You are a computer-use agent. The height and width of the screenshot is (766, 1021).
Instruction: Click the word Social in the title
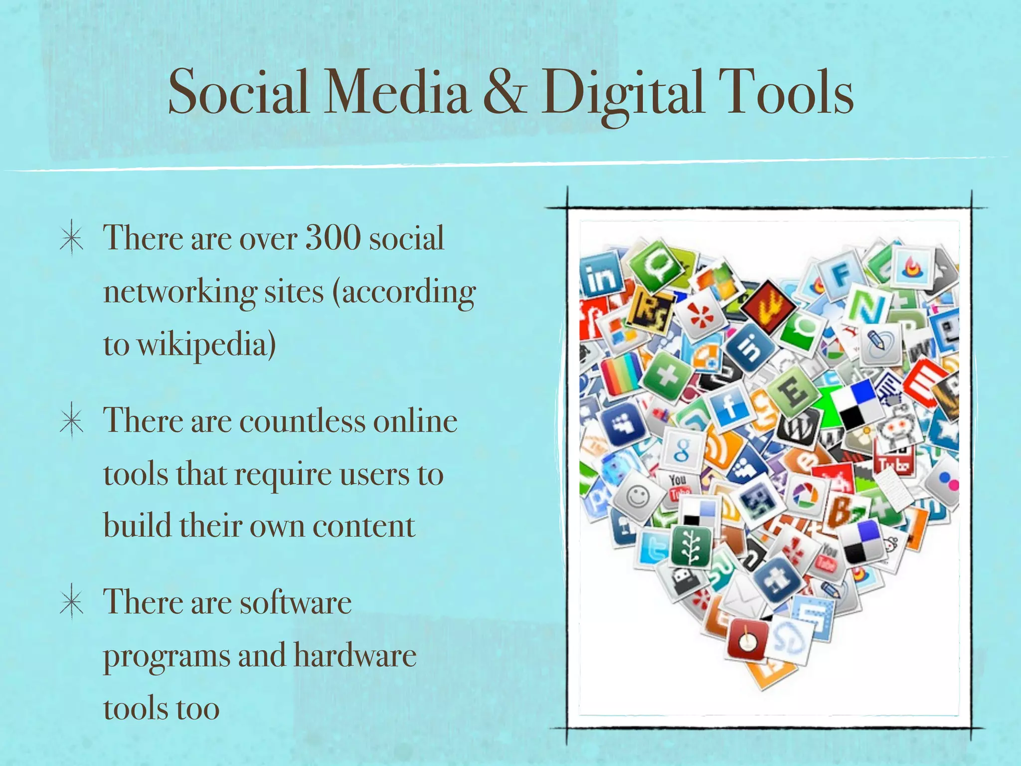(x=238, y=93)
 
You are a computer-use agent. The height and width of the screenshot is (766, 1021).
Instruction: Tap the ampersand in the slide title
(x=505, y=93)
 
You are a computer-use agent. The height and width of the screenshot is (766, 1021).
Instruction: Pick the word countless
(x=302, y=421)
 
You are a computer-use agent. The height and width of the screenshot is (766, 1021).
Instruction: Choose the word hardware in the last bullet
(x=354, y=655)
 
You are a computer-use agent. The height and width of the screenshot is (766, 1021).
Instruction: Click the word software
(x=296, y=602)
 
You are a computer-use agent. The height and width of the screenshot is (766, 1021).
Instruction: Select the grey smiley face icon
(x=638, y=496)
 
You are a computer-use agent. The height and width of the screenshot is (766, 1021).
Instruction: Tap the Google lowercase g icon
(x=682, y=448)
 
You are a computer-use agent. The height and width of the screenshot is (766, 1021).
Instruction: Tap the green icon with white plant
(x=691, y=546)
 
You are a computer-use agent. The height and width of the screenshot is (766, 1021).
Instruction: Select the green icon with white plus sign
(x=667, y=375)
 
